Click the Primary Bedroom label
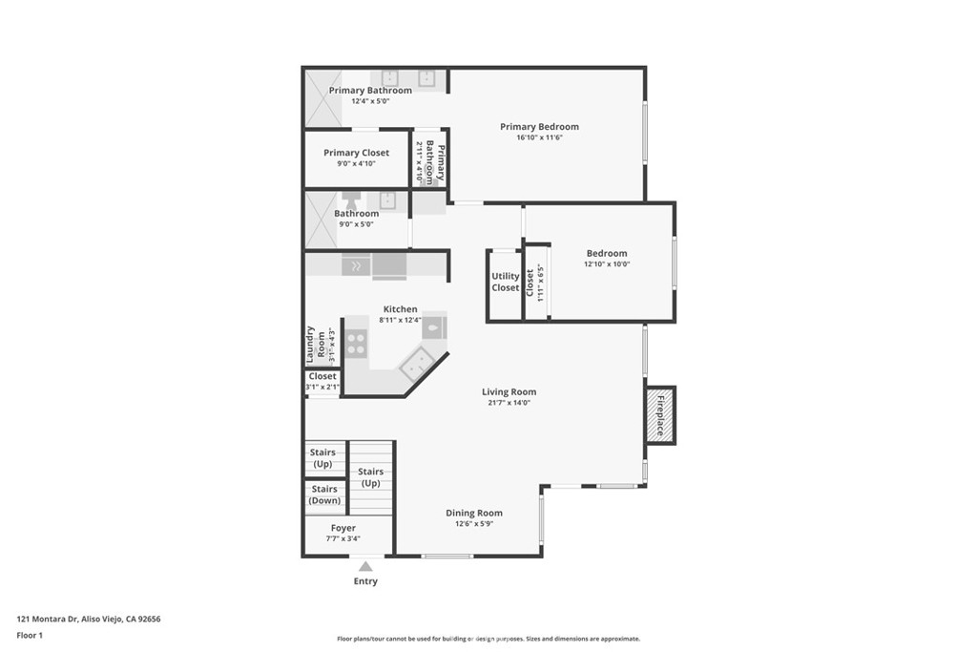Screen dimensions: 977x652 point(539,127)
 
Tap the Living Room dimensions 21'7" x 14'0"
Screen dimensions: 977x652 point(509,403)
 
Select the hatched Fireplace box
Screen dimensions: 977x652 point(660,415)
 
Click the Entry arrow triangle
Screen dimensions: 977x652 point(365,566)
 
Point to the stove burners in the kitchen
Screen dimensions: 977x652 point(356,344)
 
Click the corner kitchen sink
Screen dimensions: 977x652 point(418,366)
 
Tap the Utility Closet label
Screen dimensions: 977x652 point(505,282)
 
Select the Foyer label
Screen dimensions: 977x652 point(343,528)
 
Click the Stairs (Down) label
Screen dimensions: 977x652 point(324,494)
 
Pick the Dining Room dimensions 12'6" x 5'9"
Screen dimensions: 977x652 point(474,524)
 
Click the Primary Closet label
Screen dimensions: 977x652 point(357,153)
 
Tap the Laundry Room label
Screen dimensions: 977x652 point(315,345)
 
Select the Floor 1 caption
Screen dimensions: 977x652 point(30,635)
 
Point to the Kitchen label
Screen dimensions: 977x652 point(400,309)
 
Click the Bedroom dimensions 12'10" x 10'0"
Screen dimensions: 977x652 point(607,264)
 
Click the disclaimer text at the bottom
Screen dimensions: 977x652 point(488,639)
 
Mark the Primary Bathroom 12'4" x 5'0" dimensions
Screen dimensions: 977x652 point(370,101)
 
